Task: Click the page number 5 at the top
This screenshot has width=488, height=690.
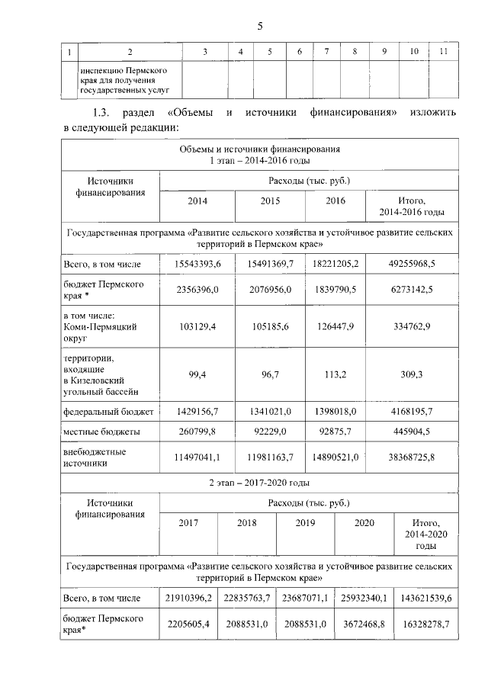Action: [x=259, y=27]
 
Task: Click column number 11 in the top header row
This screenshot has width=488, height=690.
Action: [x=444, y=51]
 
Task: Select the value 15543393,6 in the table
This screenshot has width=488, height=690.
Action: [x=197, y=264]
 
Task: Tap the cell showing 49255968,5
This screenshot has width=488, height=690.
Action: [x=411, y=264]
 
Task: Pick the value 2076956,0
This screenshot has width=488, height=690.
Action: [x=270, y=290]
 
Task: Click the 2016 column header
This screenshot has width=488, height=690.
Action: [x=335, y=201]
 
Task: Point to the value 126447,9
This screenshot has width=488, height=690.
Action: [x=335, y=326]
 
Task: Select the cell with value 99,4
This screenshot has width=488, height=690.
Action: [x=197, y=374]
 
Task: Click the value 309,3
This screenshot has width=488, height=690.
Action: [x=411, y=374]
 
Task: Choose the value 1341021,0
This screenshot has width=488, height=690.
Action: [x=270, y=412]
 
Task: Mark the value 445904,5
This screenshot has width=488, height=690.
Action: [x=411, y=432]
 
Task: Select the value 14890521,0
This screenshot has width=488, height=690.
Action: [x=335, y=457]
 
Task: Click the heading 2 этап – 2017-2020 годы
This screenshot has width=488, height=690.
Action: [x=259, y=483]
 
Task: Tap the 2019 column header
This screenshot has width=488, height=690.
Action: [x=304, y=524]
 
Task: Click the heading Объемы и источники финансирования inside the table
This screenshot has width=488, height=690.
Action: [x=259, y=149]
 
